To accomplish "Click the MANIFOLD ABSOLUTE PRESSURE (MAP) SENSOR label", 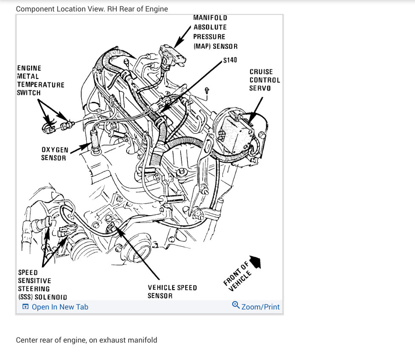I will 215,32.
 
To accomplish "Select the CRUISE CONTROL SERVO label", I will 265,80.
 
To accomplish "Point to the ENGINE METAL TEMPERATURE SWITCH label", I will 40,80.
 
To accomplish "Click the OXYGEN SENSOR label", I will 54,154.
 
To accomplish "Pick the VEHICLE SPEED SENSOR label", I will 172,292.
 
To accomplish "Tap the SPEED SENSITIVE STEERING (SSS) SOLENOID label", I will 42,284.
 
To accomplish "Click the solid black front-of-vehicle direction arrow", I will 256,262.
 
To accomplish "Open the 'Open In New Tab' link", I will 60,307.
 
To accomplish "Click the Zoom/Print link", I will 260,307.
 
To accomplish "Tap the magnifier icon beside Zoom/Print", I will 236,305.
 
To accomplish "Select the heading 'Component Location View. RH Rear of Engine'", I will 92,8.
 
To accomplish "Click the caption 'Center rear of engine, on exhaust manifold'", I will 87,340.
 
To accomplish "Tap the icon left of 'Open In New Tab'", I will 25,307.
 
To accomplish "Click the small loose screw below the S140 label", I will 206,90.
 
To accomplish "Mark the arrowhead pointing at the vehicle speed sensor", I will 116,230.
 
